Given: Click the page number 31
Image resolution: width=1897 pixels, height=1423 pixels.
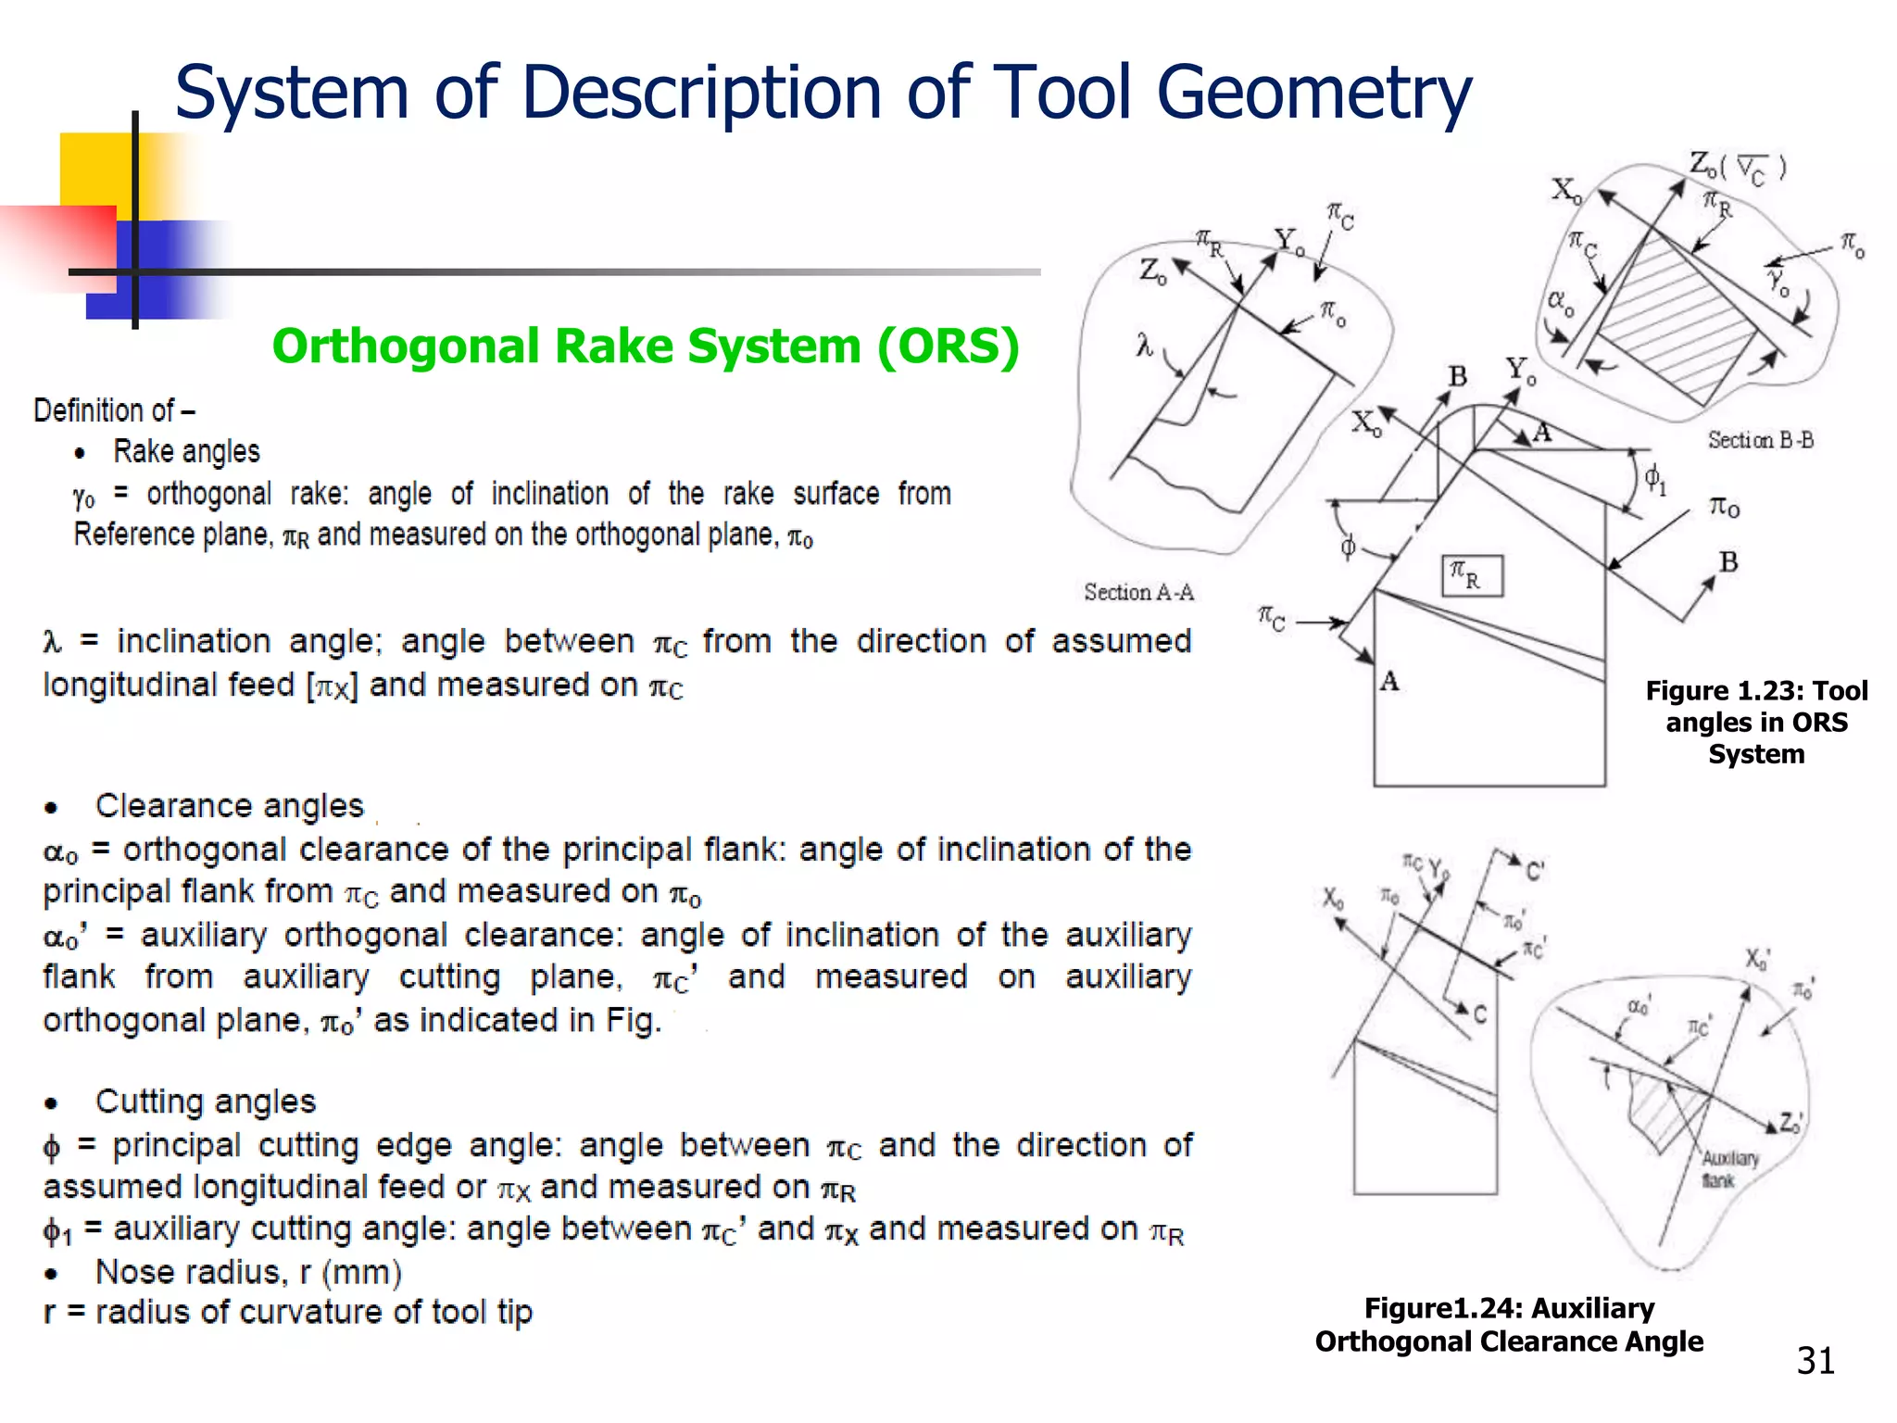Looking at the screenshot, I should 1815,1361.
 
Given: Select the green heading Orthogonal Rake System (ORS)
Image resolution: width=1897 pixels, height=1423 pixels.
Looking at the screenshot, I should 646,346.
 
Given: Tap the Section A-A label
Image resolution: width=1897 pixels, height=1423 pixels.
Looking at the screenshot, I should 1138,592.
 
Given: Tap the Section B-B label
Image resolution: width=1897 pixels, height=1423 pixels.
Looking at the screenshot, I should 1760,440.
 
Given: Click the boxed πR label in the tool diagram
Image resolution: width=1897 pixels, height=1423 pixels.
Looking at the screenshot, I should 1472,575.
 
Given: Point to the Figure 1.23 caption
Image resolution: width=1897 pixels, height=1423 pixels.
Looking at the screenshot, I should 1756,722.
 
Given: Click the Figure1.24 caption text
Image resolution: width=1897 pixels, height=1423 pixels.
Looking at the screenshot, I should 1509,1324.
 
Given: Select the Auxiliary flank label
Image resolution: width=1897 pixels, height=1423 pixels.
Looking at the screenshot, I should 1728,1169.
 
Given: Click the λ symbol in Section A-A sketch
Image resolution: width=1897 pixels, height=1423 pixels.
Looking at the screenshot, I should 1145,346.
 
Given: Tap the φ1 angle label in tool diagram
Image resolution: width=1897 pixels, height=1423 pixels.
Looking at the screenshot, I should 1654,480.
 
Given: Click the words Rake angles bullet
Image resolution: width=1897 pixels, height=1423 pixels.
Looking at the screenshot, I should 186,451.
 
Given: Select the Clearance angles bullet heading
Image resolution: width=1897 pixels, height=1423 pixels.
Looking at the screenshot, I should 229,805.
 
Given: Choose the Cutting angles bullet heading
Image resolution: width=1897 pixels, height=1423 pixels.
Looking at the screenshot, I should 205,1101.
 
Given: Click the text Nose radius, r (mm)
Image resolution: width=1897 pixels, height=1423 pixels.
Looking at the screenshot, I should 248,1272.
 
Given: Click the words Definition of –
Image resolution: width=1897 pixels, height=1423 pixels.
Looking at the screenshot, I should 114,409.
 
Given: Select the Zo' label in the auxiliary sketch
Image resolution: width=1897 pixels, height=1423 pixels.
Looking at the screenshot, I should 1790,1123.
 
